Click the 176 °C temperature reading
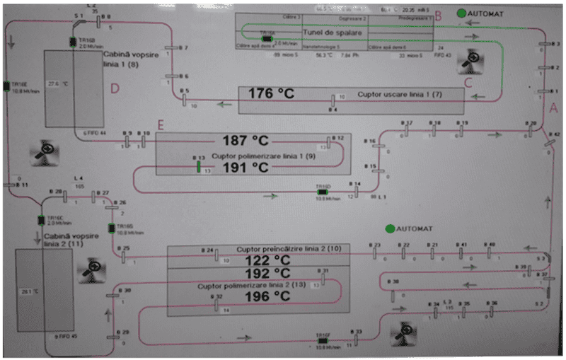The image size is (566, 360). pos(270,93)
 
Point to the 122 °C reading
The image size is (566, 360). pos(258,260)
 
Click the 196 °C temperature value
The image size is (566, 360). pos(258,297)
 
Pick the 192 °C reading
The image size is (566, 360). pos(258,274)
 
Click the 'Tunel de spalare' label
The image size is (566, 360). pos(333,33)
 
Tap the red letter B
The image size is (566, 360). pos(438,15)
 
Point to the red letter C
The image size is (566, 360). pos(468,82)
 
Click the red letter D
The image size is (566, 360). pos(115,89)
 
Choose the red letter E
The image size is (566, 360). pos(161,125)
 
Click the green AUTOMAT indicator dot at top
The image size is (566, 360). pos(461,12)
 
